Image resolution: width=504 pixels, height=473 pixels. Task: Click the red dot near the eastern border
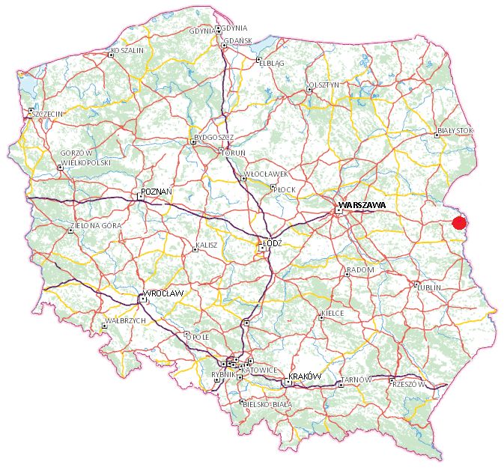[460, 222]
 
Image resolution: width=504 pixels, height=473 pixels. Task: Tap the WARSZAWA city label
[362, 204]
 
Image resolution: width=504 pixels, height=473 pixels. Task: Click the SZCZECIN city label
[45, 113]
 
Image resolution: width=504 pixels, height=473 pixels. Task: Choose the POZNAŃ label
[157, 192]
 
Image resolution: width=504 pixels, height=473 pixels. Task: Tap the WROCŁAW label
[164, 293]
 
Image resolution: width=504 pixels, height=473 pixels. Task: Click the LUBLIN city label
[430, 287]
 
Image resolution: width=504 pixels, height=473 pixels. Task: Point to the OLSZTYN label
[324, 85]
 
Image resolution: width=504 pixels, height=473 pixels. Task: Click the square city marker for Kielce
[321, 317]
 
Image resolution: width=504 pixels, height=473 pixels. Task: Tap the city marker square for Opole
[186, 334]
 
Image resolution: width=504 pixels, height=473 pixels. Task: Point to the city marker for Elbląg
[258, 60]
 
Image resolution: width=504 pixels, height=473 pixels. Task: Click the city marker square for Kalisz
[195, 249]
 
